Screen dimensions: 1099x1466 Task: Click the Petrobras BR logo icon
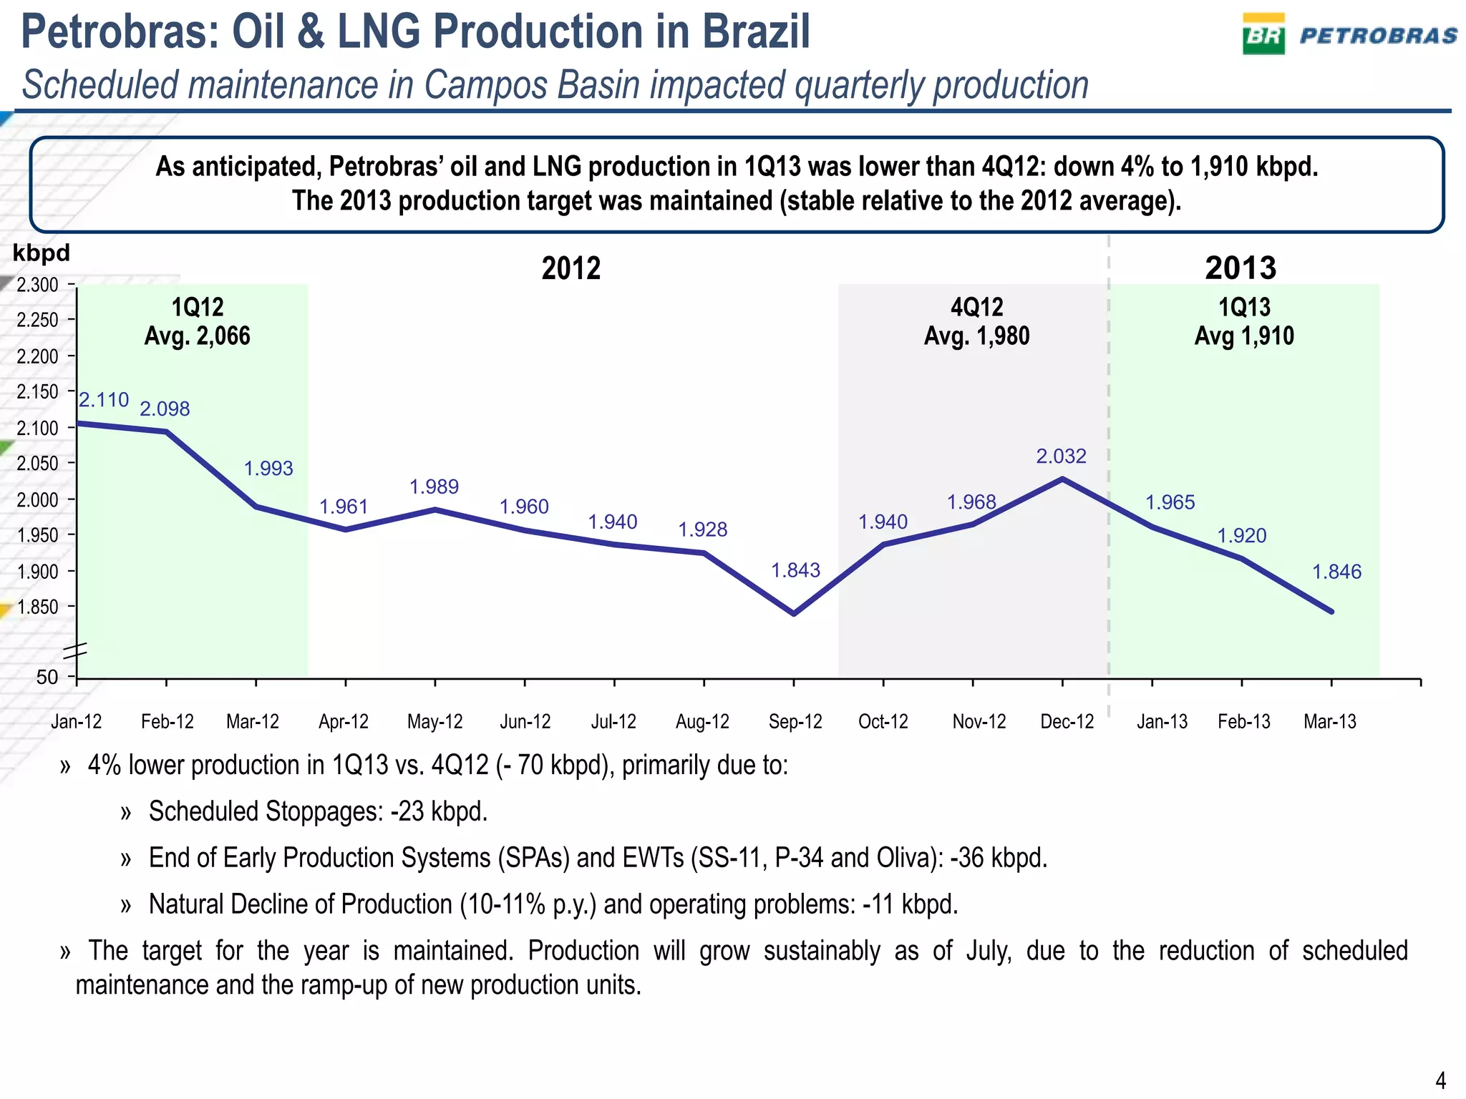[1263, 34]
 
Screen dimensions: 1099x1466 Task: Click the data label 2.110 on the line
[104, 399]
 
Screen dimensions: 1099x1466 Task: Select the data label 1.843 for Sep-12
[795, 570]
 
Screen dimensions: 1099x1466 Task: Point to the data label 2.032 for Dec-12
[1061, 456]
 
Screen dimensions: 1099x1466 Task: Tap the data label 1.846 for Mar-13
[1336, 572]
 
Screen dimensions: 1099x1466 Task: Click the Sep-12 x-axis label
[795, 721]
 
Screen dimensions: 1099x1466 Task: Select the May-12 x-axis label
[435, 721]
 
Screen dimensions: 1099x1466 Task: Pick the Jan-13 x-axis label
[1161, 721]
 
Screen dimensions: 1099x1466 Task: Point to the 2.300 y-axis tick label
[38, 285]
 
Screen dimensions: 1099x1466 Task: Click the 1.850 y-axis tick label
[38, 607]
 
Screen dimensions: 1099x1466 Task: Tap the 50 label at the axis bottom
[47, 677]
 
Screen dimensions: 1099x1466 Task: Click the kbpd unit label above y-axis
[42, 253]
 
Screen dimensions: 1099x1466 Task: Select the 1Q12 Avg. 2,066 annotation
[197, 322]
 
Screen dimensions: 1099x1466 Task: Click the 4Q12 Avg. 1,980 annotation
[976, 322]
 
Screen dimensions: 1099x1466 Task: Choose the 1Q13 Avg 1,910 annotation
[1243, 322]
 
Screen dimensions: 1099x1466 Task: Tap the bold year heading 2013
[1240, 268]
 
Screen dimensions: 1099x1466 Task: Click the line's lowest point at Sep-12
[794, 613]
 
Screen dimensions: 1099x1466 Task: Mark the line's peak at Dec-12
[1062, 479]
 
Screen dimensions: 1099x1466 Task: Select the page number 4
[1440, 1079]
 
